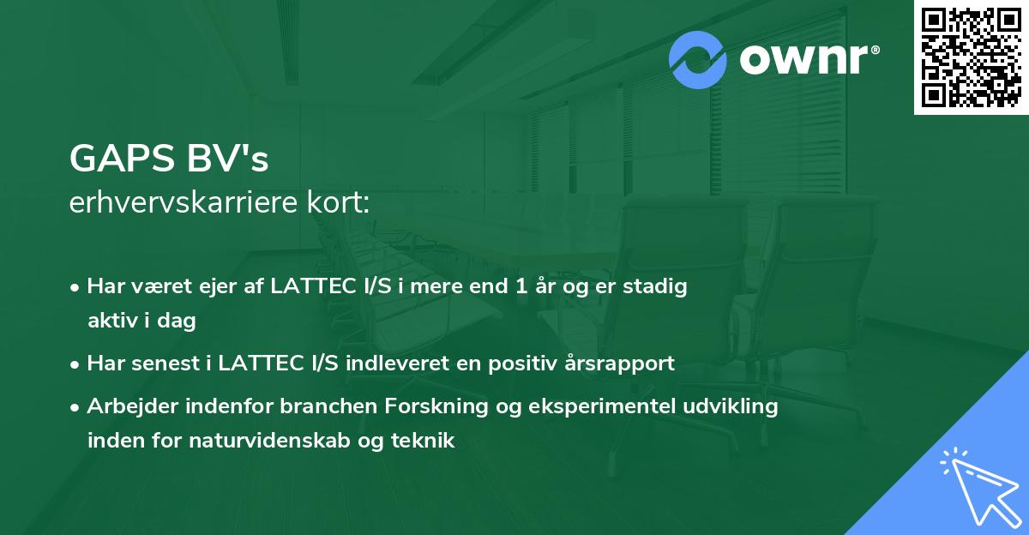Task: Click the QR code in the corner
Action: [972, 57]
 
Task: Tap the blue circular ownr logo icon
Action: [699, 60]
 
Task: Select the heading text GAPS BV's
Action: [169, 159]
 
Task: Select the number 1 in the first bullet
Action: [521, 287]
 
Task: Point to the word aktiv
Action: [112, 321]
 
